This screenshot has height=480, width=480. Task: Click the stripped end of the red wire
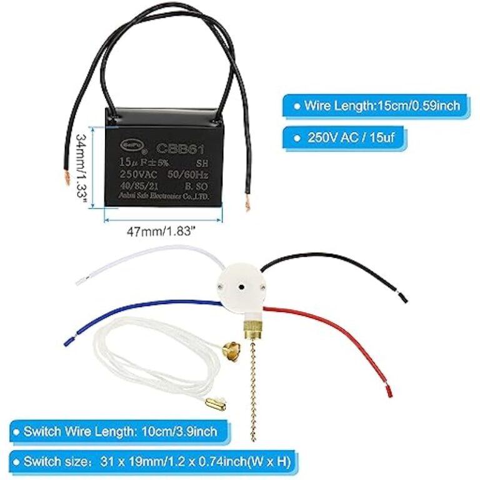(x=389, y=391)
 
